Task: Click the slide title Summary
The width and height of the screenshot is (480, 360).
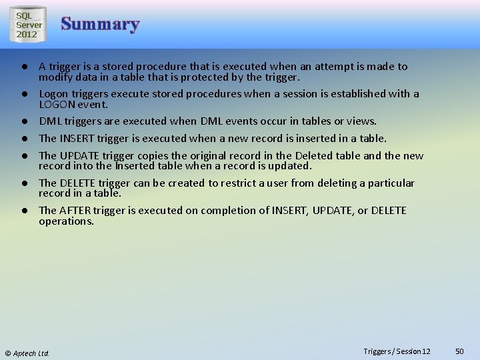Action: pos(100,25)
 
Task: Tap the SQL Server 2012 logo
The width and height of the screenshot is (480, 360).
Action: pos(29,25)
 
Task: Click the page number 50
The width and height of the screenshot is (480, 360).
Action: pos(459,351)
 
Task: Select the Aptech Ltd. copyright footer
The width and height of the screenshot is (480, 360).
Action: pos(27,353)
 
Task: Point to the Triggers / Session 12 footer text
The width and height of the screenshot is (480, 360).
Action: pos(397,351)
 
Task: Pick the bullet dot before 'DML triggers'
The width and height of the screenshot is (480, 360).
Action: pos(23,122)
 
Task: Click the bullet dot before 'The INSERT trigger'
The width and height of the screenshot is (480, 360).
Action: pos(23,139)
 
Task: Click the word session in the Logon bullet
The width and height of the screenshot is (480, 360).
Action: pos(302,94)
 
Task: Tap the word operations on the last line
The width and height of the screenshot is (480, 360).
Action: pos(65,221)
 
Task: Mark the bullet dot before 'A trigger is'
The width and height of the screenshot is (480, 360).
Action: pos(23,67)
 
